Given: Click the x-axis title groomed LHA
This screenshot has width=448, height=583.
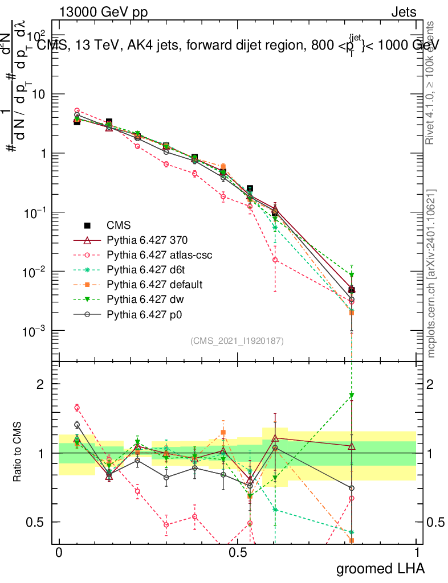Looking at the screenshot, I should tap(380, 568).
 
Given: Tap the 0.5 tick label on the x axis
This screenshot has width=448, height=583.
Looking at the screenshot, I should tap(238, 553).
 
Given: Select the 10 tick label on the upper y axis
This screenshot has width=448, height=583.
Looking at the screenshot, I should tap(39, 94).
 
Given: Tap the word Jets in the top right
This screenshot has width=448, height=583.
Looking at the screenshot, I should tap(404, 12).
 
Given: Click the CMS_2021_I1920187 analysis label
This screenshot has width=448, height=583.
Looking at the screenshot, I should tap(237, 340).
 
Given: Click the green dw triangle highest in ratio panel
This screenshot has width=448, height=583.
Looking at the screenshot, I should tap(352, 395).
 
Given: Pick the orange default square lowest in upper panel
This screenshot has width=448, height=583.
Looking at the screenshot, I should tap(352, 313).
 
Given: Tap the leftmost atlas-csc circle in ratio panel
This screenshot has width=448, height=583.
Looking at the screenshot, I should tap(77, 407).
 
